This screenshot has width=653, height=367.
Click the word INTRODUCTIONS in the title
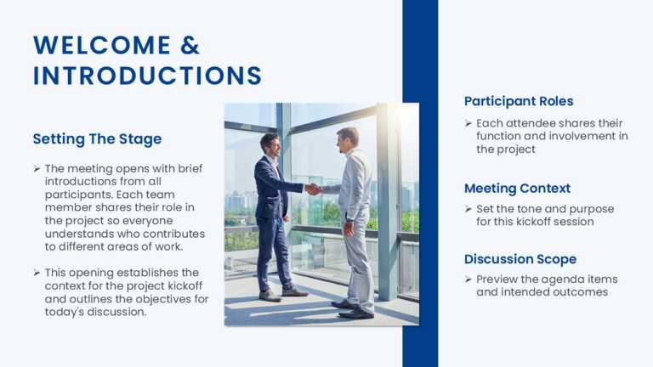point(147,76)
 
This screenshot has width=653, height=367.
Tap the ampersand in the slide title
point(190,45)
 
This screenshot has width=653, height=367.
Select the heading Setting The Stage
point(97,138)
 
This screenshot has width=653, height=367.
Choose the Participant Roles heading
point(519,101)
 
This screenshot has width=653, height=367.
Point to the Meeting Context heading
point(517,188)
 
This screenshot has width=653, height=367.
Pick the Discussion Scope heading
point(520,259)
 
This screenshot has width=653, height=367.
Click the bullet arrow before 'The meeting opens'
point(37,168)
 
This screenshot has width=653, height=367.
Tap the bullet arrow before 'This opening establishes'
point(37,273)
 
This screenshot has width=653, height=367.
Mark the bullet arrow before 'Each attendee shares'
point(468,124)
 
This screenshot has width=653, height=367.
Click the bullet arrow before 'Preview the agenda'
point(468,279)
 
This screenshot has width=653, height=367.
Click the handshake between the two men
point(313,189)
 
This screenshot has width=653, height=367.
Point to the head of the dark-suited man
point(270,143)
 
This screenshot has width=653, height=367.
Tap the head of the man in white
point(347,138)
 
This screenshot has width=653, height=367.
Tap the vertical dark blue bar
point(420,183)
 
